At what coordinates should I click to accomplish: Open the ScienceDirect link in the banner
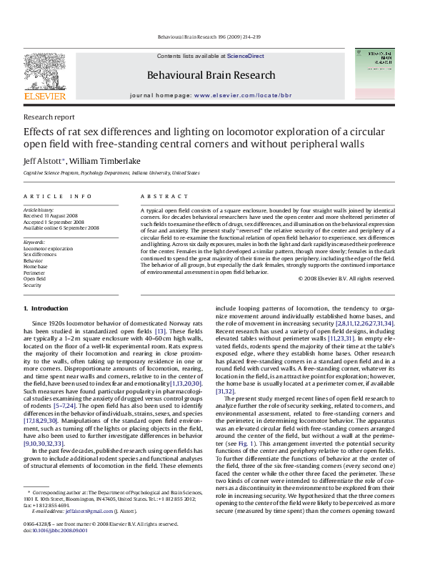click(246, 55)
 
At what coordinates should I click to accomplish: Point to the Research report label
click(49, 116)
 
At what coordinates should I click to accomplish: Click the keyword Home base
click(35, 266)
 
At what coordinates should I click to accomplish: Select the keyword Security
click(33, 284)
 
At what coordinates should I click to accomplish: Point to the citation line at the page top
click(212, 35)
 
